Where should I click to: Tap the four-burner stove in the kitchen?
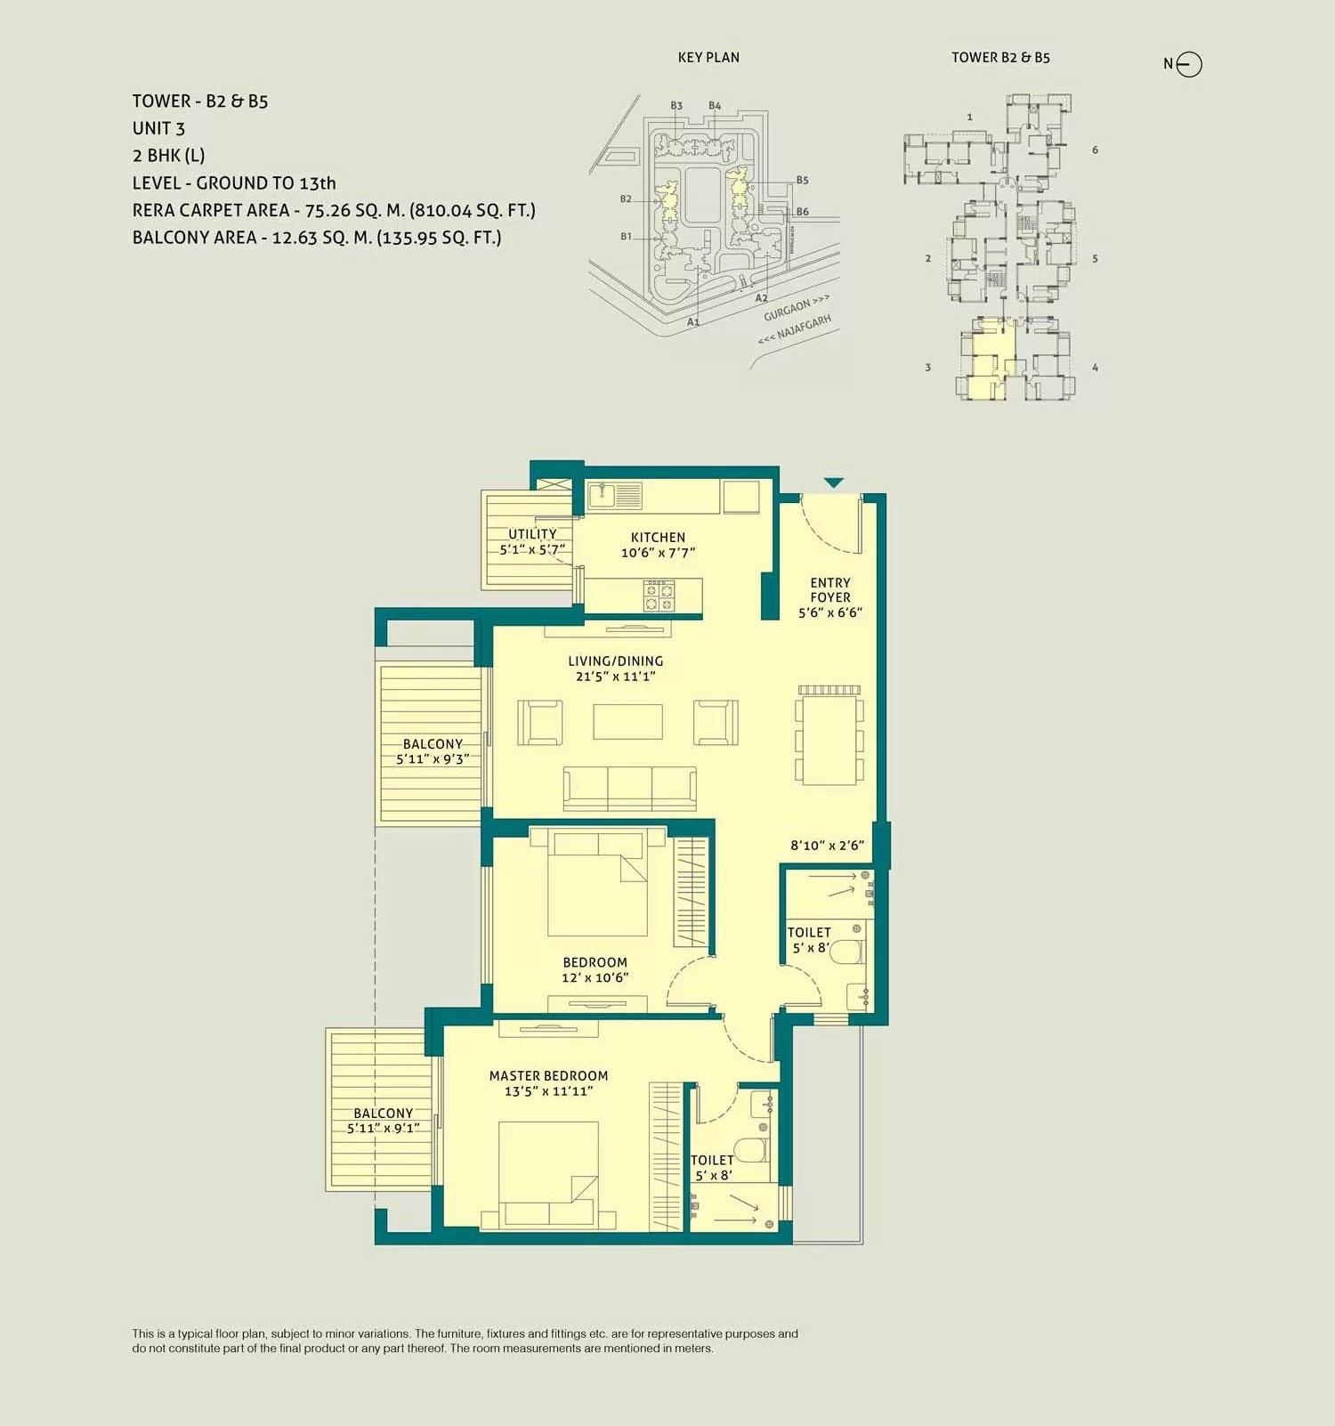[659, 596]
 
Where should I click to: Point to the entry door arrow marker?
[833, 482]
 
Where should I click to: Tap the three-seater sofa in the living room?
[630, 789]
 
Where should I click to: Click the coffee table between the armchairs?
[627, 722]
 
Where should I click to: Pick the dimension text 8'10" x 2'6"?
[827, 846]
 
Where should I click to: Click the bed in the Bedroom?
[597, 881]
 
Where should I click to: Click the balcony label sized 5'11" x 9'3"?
[433, 751]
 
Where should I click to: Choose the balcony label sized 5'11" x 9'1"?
[384, 1120]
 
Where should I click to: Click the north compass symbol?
[1189, 64]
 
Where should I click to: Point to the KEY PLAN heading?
[708, 57]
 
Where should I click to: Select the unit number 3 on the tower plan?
[928, 367]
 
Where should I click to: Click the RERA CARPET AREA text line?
[334, 210]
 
